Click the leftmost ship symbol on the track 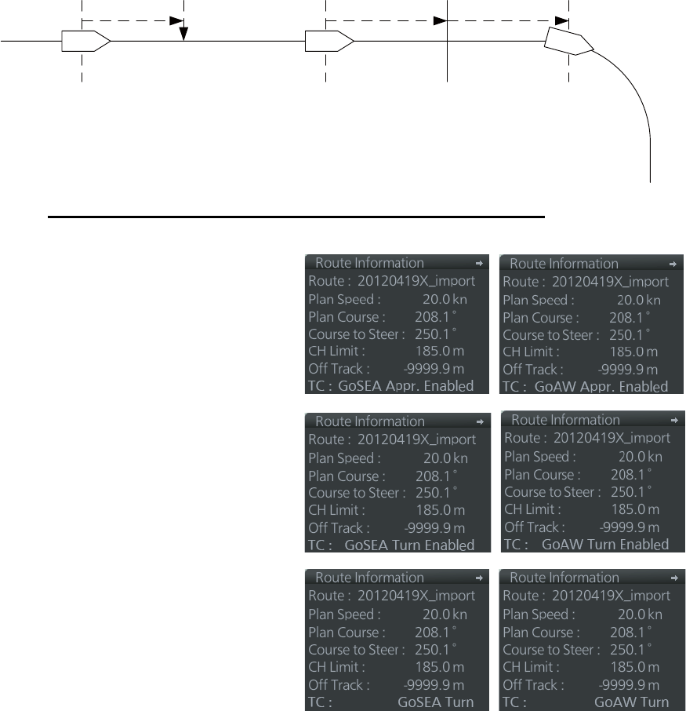[85, 39]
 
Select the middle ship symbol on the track [327, 39]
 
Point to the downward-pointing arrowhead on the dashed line [183, 34]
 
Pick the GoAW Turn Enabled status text [618, 544]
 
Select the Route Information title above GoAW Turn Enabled [565, 420]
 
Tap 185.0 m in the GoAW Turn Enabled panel [637, 509]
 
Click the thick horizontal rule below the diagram [296, 215]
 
